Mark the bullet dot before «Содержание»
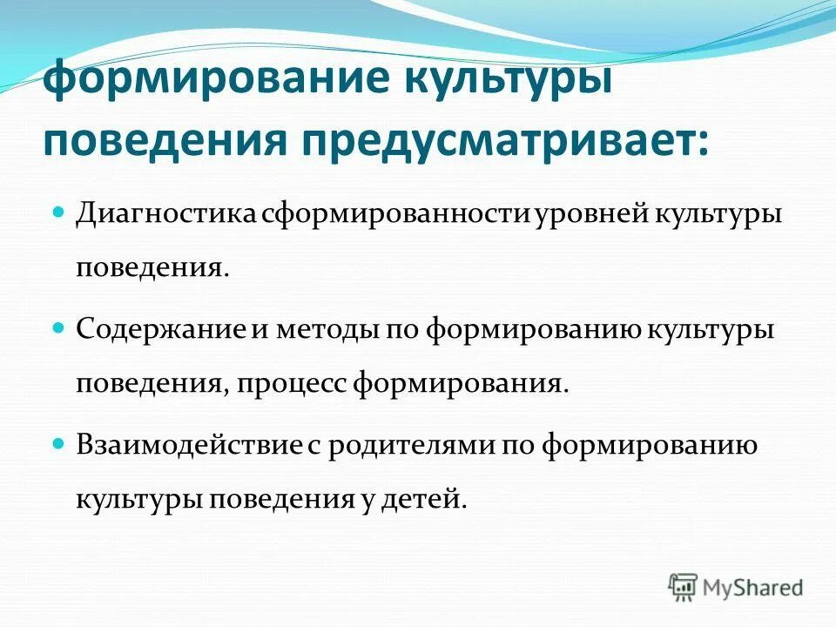(x=60, y=328)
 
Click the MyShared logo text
(x=754, y=588)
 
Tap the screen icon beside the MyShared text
(x=684, y=588)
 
